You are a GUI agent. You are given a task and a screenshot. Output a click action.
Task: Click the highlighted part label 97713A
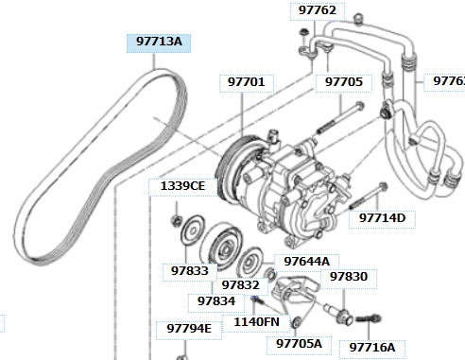(159, 43)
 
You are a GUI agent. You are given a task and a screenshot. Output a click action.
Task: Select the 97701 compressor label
(247, 83)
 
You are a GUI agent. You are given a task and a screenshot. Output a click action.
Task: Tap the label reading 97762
(318, 11)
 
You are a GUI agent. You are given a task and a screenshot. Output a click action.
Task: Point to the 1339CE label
(182, 187)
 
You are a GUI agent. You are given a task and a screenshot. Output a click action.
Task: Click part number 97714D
(382, 219)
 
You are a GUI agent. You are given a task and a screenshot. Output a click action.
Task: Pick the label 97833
(190, 272)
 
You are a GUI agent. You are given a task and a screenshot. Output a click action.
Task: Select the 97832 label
(240, 286)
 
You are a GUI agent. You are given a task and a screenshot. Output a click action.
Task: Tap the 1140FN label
(256, 323)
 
